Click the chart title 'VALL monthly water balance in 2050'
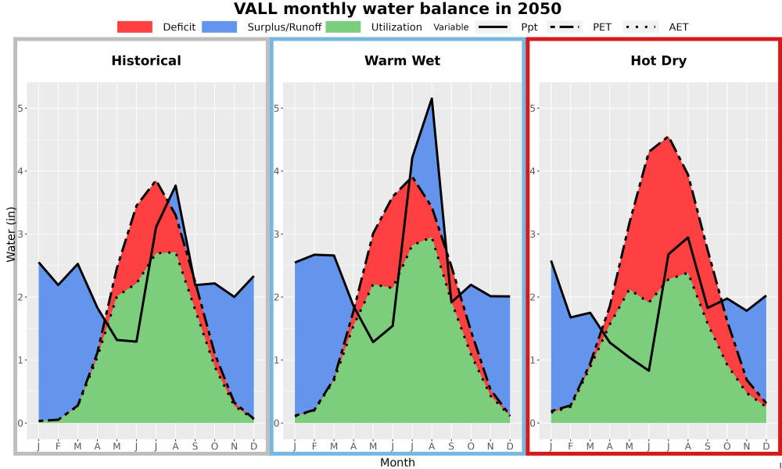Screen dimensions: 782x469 pos(397,9)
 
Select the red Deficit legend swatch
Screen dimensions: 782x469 pos(135,27)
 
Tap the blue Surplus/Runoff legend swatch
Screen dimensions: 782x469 pos(220,27)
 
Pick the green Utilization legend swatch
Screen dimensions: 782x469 pos(343,27)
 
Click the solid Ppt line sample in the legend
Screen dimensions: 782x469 pos(493,27)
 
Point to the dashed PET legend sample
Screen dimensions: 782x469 pos(565,27)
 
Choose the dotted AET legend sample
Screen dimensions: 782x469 pos(640,27)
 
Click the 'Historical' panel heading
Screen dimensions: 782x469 pos(146,61)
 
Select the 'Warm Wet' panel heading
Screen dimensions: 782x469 pos(403,61)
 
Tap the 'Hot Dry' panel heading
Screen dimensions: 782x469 pos(658,61)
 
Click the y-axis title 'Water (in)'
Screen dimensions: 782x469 pos(11,234)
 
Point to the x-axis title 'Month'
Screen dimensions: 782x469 pos(397,463)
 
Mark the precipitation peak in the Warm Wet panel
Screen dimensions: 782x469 pos(432,98)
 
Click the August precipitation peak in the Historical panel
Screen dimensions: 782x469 pos(175,185)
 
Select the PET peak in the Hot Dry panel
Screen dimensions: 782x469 pos(668,137)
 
